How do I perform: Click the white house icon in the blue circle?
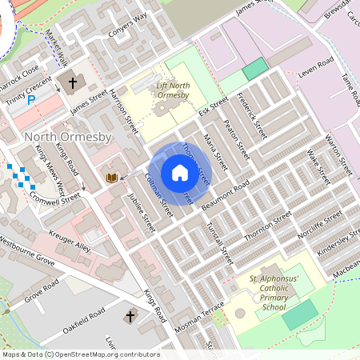tap(179, 173)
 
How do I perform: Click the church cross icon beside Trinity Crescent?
tap(73, 82)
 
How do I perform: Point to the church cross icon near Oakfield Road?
tap(130, 318)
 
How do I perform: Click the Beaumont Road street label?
tap(226, 194)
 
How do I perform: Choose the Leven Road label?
tap(314, 67)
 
